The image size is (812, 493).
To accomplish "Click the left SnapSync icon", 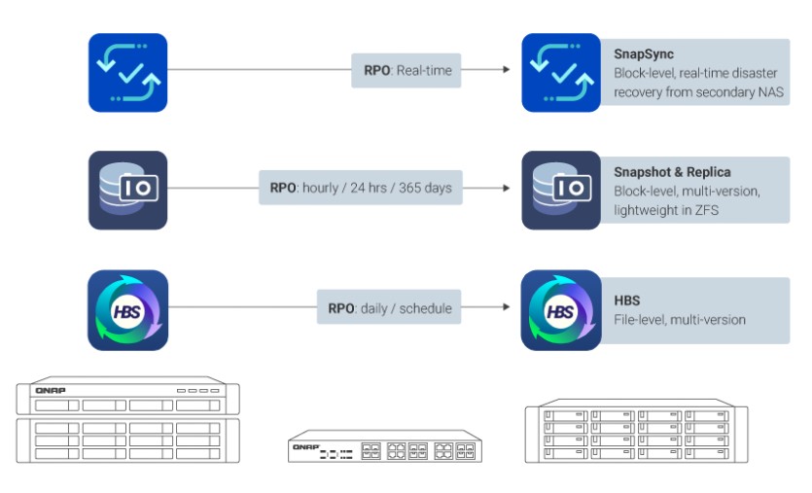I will [127, 73].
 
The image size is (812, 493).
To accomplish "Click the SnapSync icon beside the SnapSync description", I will [561, 73].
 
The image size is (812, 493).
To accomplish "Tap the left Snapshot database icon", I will [127, 190].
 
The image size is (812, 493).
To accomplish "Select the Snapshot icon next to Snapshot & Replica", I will [561, 190].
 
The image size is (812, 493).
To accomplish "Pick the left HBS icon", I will [127, 310].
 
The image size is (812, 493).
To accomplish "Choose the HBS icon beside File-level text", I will [561, 310].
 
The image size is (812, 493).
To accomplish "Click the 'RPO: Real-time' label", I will [406, 70].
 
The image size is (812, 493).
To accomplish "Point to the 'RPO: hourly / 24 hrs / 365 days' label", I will [361, 188].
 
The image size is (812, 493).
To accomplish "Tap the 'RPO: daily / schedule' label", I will [389, 308].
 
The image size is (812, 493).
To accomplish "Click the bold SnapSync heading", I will [645, 54].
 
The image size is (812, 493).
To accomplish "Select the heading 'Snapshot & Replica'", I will [672, 172].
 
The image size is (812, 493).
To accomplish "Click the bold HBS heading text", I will [627, 300].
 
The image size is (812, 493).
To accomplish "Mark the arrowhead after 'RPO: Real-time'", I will [505, 70].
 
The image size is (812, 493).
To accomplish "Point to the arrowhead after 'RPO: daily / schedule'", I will [505, 308].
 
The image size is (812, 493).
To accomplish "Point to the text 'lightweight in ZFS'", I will [666, 209].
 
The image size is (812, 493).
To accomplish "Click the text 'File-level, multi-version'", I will [680, 320].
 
